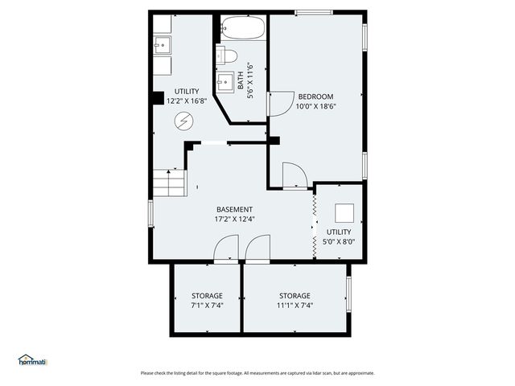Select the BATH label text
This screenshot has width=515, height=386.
(x=240, y=80)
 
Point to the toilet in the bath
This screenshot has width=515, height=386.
(x=228, y=55)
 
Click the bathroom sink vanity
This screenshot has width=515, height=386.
(x=225, y=82)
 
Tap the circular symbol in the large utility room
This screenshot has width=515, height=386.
(x=185, y=121)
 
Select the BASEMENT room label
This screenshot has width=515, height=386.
(x=234, y=209)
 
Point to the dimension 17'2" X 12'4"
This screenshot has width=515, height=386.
(x=234, y=219)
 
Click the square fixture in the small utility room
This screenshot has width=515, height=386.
(x=344, y=213)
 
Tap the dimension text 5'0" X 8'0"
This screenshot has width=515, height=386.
(x=340, y=240)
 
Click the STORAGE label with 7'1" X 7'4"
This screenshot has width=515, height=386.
(x=207, y=295)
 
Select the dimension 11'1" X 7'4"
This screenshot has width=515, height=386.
(x=295, y=305)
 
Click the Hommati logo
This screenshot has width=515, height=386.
(x=32, y=360)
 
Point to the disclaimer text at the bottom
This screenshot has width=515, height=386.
(x=257, y=372)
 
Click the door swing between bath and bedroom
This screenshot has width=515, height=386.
(x=278, y=103)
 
